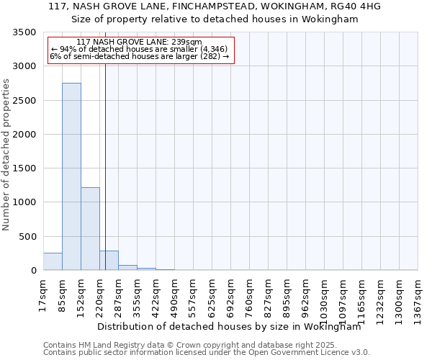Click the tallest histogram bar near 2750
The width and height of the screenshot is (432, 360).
(x=71, y=176)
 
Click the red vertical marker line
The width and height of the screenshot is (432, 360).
(x=105, y=158)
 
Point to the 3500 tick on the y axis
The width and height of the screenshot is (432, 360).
(x=25, y=33)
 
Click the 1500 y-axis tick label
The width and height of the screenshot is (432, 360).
(x=25, y=168)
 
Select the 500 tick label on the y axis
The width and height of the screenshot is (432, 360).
(x=28, y=237)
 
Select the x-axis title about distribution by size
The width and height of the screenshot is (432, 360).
(x=238, y=326)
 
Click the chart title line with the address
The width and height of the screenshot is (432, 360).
(x=215, y=6)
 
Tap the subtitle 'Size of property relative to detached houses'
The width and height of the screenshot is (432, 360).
(x=215, y=19)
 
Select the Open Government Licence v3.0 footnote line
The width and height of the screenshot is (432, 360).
(x=207, y=353)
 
